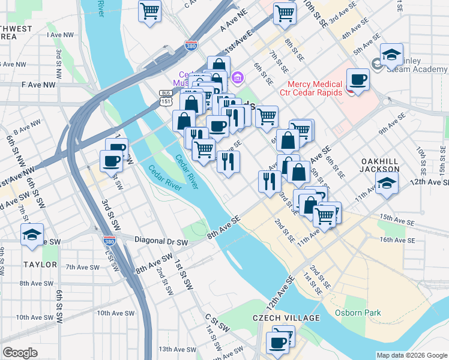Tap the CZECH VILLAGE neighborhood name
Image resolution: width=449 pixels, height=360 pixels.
[283, 317]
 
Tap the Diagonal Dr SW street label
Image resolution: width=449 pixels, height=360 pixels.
[161, 242]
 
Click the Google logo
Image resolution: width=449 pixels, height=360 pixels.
[20, 353]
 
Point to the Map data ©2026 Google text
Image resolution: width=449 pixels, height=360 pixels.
[411, 355]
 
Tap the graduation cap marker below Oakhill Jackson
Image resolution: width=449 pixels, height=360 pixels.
[387, 184]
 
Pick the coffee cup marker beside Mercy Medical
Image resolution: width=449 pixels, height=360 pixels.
[359, 80]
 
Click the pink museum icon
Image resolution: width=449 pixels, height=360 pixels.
[238, 77]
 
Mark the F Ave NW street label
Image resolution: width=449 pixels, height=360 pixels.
[38, 85]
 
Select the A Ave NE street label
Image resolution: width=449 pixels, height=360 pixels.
[234, 25]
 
